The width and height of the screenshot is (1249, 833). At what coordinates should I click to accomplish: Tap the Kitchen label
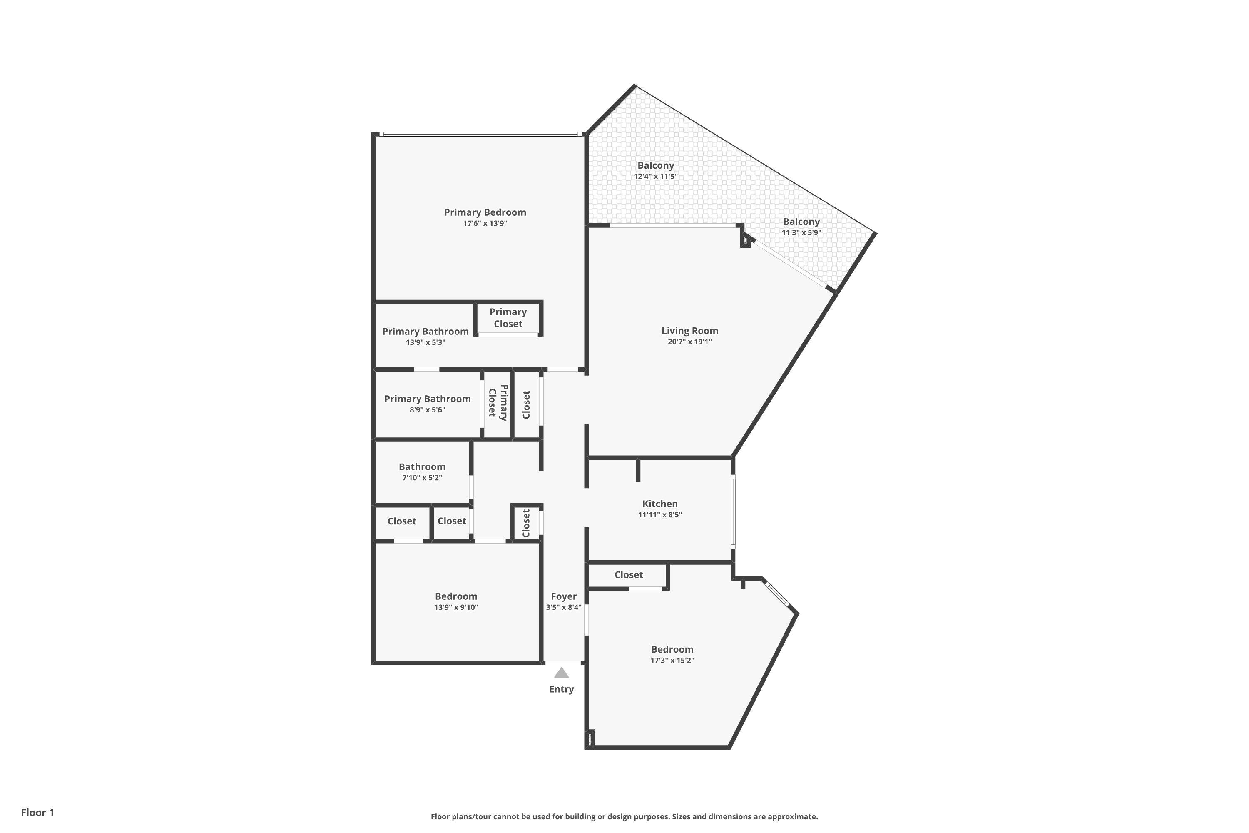pos(659,504)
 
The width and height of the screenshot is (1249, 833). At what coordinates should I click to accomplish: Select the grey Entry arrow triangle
pos(561,673)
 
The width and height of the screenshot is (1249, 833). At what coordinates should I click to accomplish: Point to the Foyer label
pos(563,596)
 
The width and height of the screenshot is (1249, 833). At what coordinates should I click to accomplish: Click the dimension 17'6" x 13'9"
pos(485,224)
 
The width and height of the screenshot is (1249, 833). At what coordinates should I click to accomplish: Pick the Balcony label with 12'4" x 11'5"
pos(655,166)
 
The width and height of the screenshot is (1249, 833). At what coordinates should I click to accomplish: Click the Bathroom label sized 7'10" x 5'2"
pos(422,467)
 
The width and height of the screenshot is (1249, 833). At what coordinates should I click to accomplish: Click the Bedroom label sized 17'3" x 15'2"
pos(672,650)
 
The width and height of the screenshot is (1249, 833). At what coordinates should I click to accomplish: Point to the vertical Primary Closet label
pos(498,402)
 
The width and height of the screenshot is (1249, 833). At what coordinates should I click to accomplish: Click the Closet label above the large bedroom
pos(628,575)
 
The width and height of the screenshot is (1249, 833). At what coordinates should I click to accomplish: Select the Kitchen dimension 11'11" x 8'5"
pos(659,515)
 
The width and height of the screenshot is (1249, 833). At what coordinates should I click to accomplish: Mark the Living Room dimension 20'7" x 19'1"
pos(689,342)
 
